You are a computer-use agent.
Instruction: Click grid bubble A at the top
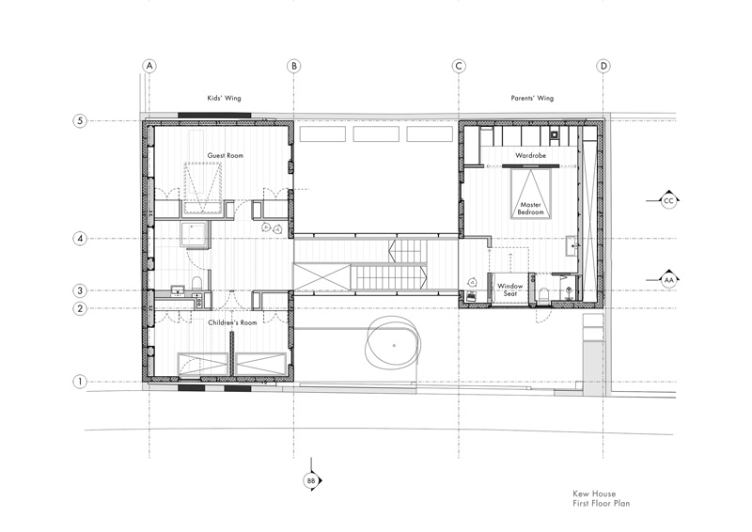pos(149,66)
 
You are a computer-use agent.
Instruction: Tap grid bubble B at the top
pos(294,66)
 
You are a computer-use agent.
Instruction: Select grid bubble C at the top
pos(459,66)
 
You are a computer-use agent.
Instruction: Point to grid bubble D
pos(603,66)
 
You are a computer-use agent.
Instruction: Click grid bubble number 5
pos(80,120)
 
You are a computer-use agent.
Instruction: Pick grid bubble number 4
pos(80,239)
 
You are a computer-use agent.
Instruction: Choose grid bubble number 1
pos(80,382)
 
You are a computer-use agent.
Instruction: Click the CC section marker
pos(668,200)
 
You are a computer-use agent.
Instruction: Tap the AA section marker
pos(668,280)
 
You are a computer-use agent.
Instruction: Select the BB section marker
pos(311,480)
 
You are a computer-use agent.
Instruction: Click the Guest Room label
pos(225,155)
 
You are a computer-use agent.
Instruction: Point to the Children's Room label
pos(232,322)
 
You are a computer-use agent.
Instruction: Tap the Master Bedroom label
pos(531,209)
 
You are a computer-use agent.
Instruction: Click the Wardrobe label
pos(530,155)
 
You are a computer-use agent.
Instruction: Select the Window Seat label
pos(509,289)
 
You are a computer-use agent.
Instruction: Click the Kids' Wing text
pos(224,99)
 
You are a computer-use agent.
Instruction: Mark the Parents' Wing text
pos(532,99)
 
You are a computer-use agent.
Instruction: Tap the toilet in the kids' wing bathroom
pos(196,283)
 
